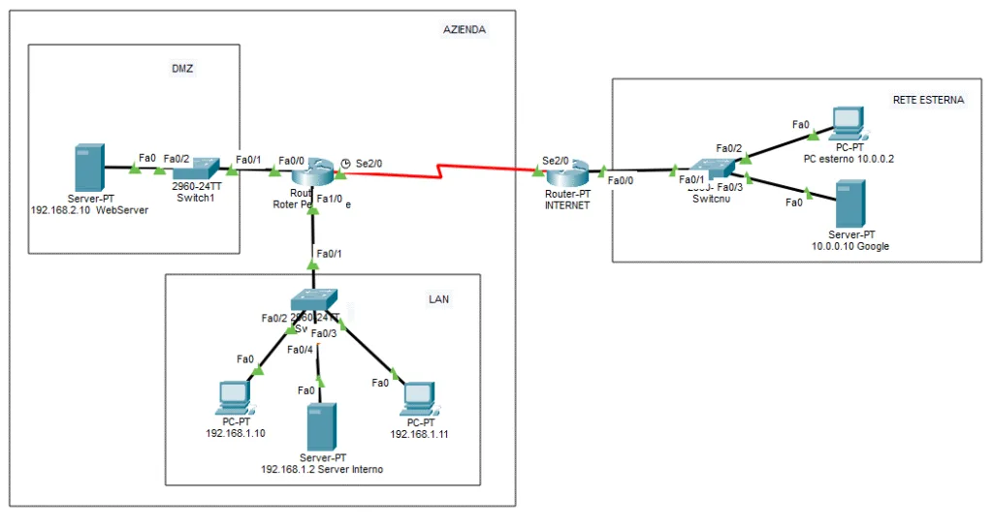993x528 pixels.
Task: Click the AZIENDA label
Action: tap(464, 30)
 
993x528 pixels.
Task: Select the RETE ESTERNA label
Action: tap(928, 100)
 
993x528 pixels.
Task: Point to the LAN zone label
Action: tap(438, 299)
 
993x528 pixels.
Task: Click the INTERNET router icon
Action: tap(566, 174)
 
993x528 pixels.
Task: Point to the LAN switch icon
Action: tap(314, 300)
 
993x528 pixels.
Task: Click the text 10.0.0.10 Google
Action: tap(849, 247)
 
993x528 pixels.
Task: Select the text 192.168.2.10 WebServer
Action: tap(90, 208)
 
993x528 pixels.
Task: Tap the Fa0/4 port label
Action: tap(300, 350)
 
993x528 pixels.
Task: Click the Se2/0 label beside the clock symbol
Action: tap(368, 163)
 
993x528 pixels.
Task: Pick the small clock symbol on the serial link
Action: tap(345, 163)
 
